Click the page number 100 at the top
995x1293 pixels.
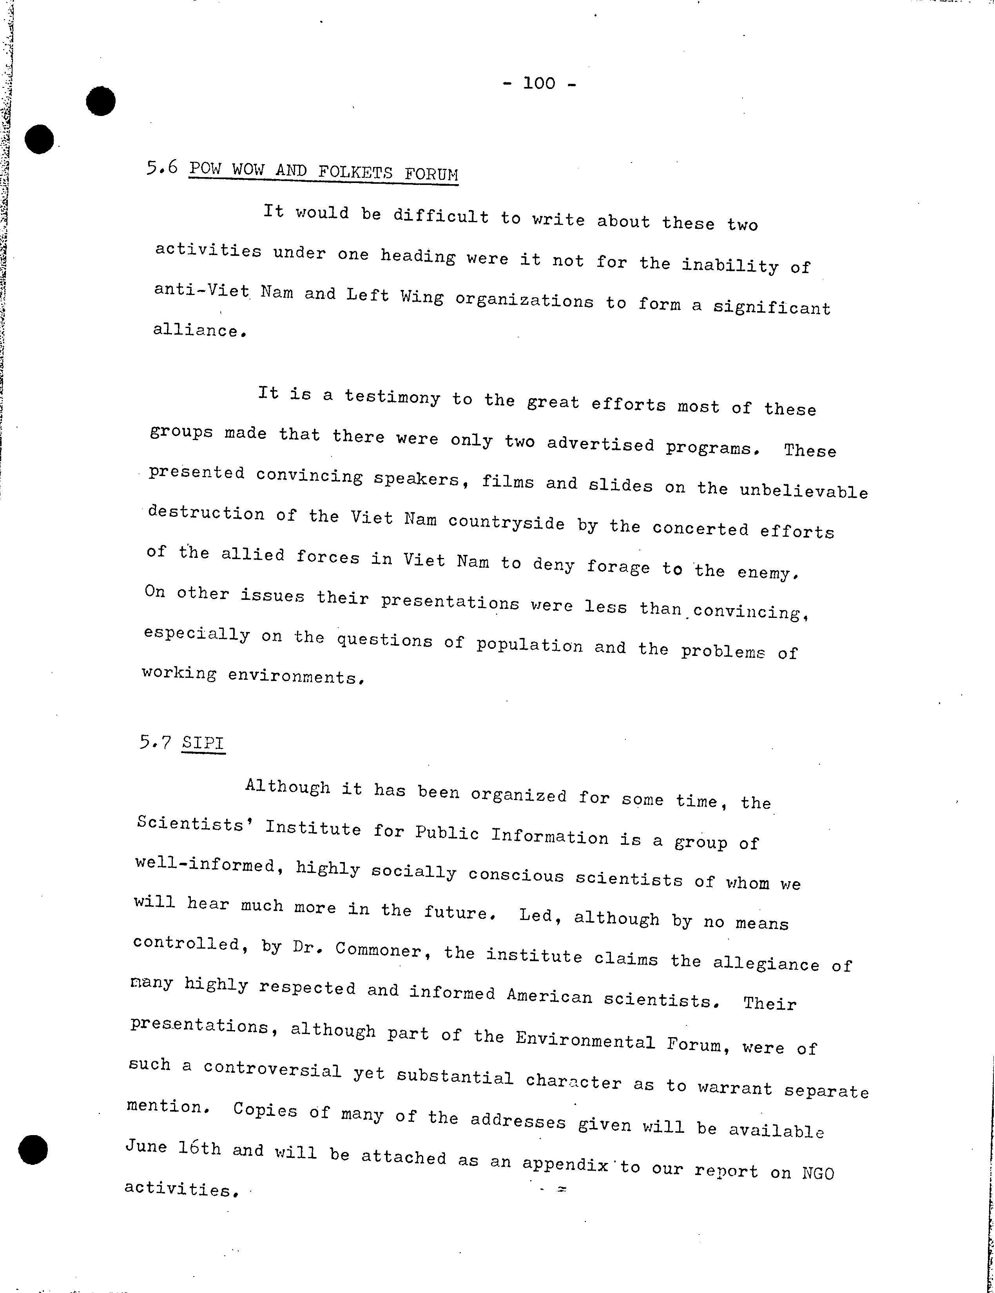click(x=539, y=83)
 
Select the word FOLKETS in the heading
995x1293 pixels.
click(x=355, y=172)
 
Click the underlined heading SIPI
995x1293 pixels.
click(x=203, y=743)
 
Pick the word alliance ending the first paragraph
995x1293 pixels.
click(x=197, y=330)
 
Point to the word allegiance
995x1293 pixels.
click(x=766, y=963)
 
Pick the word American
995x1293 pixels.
click(x=549, y=995)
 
